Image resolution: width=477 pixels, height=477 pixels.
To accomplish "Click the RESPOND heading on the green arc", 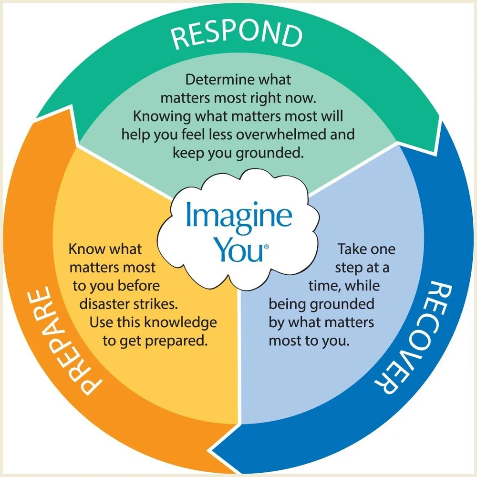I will (x=237, y=35).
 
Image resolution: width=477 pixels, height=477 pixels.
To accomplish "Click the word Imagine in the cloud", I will (x=238, y=215).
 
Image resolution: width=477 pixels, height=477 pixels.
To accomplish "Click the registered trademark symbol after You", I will (x=266, y=247).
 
